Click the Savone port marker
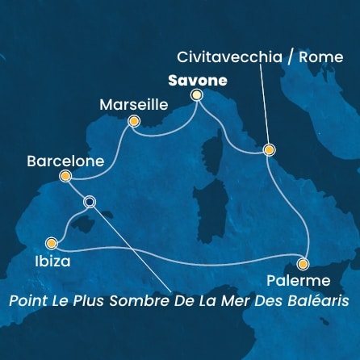coord(196,96)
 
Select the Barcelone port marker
coord(65,176)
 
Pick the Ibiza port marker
coord(52,241)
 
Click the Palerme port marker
coord(303,263)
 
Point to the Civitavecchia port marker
coord(269,149)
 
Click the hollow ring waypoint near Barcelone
coord(90,202)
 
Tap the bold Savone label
coord(196,81)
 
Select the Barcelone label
coord(65,161)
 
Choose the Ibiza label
coord(52,262)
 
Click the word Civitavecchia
coord(220,58)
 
